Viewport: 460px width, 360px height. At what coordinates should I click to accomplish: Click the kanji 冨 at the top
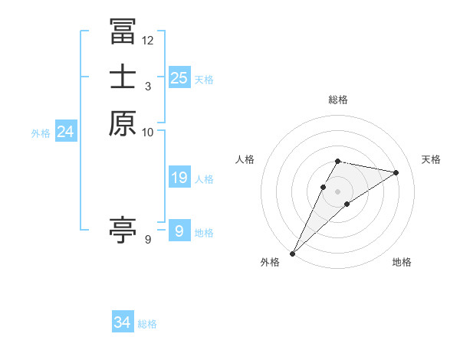[123, 31]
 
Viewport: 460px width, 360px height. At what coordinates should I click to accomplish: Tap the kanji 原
[123, 123]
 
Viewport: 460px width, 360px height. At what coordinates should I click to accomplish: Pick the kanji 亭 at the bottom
[123, 229]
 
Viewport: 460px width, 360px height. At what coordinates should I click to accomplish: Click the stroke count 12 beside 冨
[148, 40]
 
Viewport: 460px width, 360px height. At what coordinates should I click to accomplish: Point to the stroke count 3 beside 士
[148, 86]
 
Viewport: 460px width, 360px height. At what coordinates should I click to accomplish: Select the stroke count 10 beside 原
[148, 132]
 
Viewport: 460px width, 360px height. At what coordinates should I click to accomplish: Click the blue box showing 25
[179, 77]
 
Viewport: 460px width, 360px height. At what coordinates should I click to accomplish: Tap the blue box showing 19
[179, 178]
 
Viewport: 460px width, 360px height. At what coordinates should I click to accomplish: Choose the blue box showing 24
[66, 132]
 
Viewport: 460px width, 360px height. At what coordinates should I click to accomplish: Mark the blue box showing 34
[123, 322]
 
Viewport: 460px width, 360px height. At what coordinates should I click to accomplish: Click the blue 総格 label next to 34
[147, 324]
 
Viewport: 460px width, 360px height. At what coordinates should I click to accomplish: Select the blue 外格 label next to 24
[41, 133]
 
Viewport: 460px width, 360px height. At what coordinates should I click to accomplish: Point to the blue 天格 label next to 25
[204, 79]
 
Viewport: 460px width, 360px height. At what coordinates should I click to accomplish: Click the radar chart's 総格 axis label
[338, 100]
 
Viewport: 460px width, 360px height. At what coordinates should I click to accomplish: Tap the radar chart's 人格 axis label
[245, 159]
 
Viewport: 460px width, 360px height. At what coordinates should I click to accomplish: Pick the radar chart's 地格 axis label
[402, 262]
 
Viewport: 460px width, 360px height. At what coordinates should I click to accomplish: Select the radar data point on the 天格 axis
[396, 172]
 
